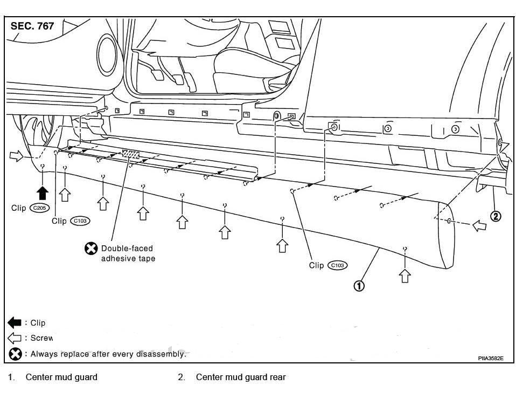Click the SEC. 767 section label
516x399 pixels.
pos(32,26)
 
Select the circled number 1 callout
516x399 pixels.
pos(359,286)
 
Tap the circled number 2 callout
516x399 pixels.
pos(496,216)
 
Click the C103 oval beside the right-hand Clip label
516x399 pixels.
pos(338,265)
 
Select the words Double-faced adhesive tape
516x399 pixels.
pos(127,253)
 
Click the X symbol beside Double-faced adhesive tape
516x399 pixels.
pos(91,249)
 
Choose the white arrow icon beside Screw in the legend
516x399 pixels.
pos(15,339)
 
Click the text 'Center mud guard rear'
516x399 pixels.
pos(240,377)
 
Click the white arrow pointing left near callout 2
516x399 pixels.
pos(479,225)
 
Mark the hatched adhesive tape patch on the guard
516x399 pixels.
pos(131,155)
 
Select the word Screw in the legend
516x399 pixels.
pos(41,339)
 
